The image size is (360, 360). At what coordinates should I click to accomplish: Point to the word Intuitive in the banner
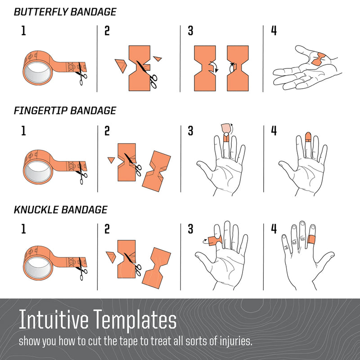pos(54,319)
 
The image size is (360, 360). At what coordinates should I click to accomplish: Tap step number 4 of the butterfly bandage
pos(274,30)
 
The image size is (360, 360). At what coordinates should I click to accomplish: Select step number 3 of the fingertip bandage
pos(190,130)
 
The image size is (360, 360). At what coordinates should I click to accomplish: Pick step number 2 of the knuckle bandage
pos(107,229)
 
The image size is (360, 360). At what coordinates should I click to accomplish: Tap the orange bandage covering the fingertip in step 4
pos(308,137)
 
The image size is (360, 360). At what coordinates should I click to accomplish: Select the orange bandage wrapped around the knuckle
pos(312,239)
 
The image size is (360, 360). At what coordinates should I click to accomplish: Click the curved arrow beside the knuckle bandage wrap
pos(205,241)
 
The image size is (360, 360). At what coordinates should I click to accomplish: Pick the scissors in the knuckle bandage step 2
pos(134,264)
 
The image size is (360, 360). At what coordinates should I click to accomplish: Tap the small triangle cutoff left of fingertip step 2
pos(111,160)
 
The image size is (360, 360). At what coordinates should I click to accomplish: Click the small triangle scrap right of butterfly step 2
pos(157,58)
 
